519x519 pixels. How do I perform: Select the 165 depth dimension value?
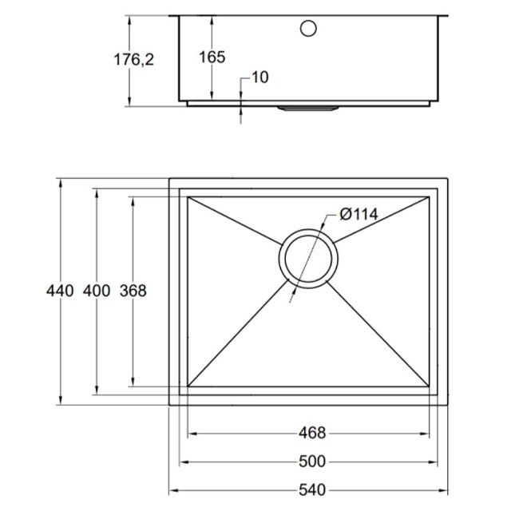[x=212, y=57]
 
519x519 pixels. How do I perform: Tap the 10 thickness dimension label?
[x=259, y=77]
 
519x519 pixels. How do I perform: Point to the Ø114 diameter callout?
[x=358, y=214]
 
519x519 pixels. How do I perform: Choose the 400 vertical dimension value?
[x=96, y=291]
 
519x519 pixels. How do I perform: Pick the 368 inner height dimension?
[x=133, y=291]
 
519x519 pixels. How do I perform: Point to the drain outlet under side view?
[x=307, y=105]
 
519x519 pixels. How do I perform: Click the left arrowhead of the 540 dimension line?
[x=173, y=490]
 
